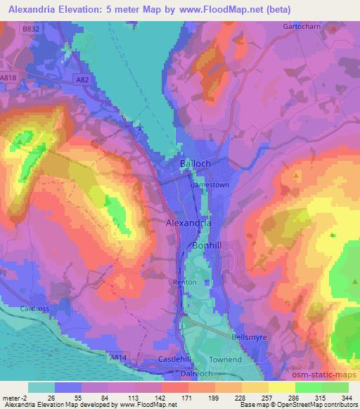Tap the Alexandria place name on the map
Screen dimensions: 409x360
[188, 223]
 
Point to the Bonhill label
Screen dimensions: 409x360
[207, 245]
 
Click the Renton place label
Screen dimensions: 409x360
[184, 283]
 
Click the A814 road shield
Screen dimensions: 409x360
[118, 358]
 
